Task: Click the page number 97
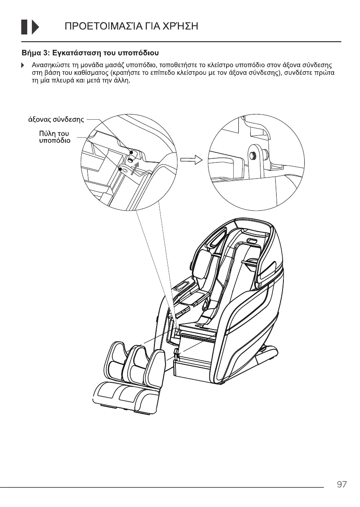point(341,484)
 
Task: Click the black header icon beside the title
point(30,27)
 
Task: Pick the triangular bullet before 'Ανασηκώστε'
point(23,66)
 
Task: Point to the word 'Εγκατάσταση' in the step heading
point(79,53)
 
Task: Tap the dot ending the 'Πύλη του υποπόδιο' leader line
point(121,169)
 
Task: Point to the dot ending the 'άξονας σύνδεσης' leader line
point(131,152)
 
